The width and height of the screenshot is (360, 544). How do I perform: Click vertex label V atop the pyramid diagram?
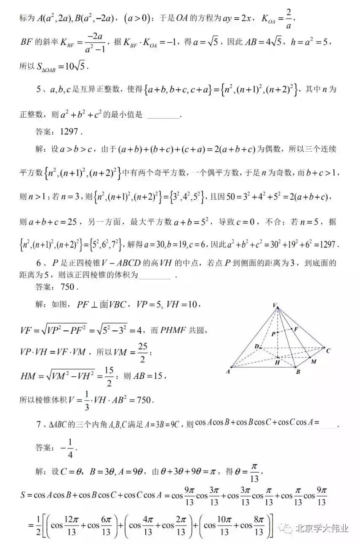click(x=275, y=305)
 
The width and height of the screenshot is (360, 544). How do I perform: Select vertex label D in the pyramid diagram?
click(x=256, y=346)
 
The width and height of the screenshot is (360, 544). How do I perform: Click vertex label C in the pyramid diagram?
click(x=328, y=350)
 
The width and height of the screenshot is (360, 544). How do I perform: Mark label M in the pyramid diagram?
click(x=313, y=362)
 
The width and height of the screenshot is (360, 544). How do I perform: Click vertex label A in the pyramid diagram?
click(x=228, y=371)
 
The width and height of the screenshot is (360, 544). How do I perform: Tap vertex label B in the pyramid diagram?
click(x=298, y=372)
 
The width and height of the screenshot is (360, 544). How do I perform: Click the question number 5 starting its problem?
click(x=38, y=89)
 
